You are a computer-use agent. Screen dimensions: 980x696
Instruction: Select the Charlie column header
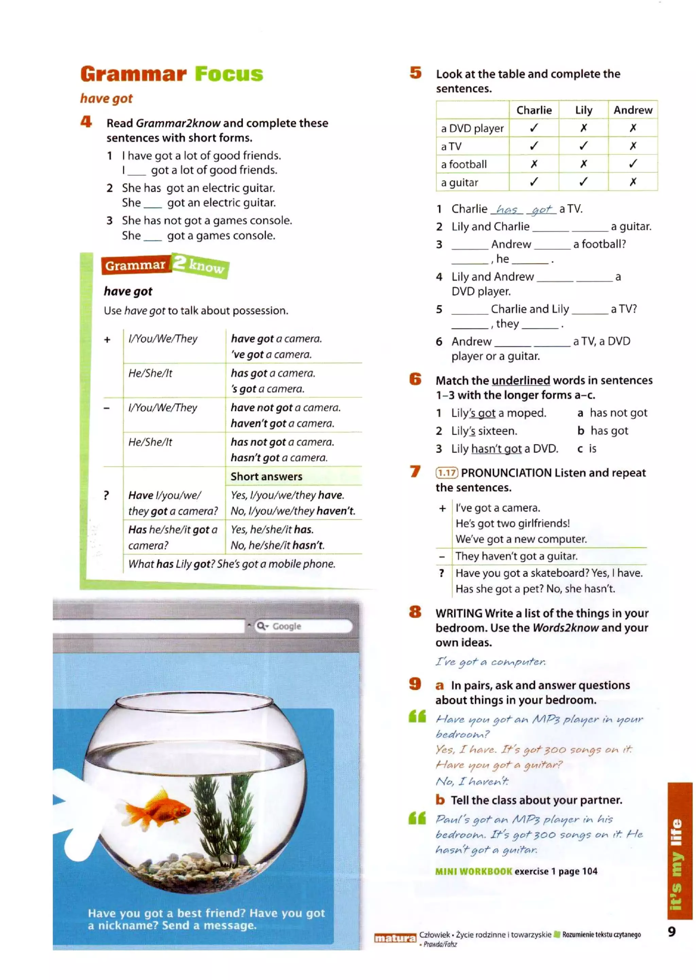coord(534,110)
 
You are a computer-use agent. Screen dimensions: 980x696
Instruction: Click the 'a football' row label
coord(464,164)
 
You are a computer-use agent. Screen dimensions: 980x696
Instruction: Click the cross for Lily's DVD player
coord(583,128)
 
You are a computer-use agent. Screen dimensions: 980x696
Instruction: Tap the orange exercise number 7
coord(415,471)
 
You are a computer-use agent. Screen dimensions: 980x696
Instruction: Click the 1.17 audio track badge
coord(447,472)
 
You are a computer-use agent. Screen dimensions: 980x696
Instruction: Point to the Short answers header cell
coord(266,477)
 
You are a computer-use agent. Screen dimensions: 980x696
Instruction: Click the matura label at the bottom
coord(394,938)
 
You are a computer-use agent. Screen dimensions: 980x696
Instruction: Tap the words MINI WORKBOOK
coord(473,871)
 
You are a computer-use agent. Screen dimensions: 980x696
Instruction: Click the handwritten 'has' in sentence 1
coord(507,210)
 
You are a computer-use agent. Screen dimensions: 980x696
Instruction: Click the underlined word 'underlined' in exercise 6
coord(521,380)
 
